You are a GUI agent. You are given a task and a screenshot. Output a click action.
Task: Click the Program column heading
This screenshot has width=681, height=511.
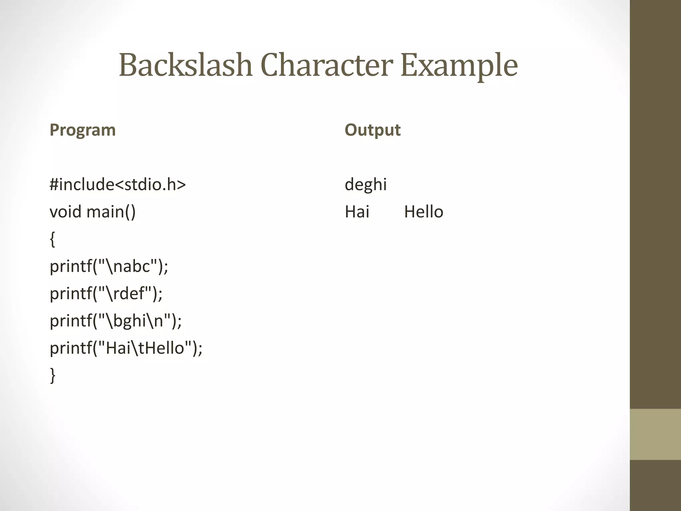coord(82,130)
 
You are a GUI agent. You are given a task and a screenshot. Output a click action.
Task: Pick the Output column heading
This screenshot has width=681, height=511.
coord(372,130)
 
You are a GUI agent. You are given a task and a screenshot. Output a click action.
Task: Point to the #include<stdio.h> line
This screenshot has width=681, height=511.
coord(118,184)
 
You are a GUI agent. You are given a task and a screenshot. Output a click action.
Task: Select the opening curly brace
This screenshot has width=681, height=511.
coord(53,240)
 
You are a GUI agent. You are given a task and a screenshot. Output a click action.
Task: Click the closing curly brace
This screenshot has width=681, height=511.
coord(53,376)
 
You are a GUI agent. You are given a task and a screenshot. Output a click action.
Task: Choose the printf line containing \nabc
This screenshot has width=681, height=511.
coord(109,266)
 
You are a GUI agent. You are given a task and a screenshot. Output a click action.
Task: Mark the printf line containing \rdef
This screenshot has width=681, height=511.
coord(106,294)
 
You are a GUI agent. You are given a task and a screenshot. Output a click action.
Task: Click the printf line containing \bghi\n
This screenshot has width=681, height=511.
coord(116,321)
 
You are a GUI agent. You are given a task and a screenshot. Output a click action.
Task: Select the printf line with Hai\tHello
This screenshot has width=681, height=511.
coord(126,348)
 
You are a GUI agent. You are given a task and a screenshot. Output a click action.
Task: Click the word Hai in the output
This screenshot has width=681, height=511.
coord(357,212)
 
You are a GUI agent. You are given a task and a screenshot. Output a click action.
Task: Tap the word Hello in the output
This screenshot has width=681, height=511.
coord(424,212)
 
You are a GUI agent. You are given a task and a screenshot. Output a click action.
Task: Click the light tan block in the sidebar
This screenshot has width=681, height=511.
coord(655,434)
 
